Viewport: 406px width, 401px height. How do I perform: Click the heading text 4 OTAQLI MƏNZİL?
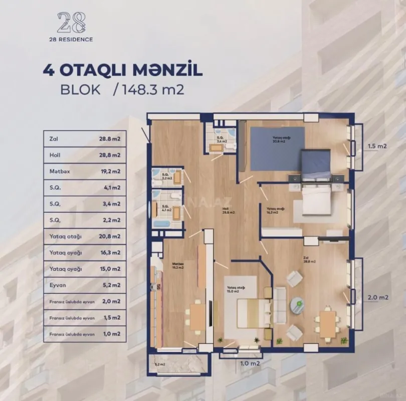pos(123,70)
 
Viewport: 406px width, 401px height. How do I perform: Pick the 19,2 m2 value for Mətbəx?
pos(110,171)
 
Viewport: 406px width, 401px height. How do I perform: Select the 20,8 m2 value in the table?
pos(110,236)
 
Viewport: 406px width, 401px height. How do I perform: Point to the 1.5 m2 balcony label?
pos(377,146)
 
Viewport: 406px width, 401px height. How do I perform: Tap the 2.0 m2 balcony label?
pos(377,297)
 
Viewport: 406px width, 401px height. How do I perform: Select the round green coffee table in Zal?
pos(298,302)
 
